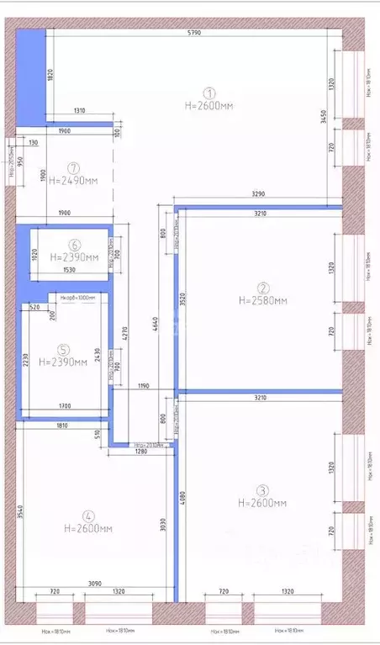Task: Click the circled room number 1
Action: tap(210, 93)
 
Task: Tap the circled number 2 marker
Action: tap(262, 286)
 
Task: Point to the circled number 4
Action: tap(88, 516)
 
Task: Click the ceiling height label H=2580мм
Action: tap(262, 299)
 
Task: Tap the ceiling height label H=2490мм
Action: tap(74, 180)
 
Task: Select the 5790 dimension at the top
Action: tap(193, 34)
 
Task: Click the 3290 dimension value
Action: tap(258, 194)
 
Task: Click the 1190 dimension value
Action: tap(144, 386)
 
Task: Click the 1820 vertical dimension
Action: tap(50, 76)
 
